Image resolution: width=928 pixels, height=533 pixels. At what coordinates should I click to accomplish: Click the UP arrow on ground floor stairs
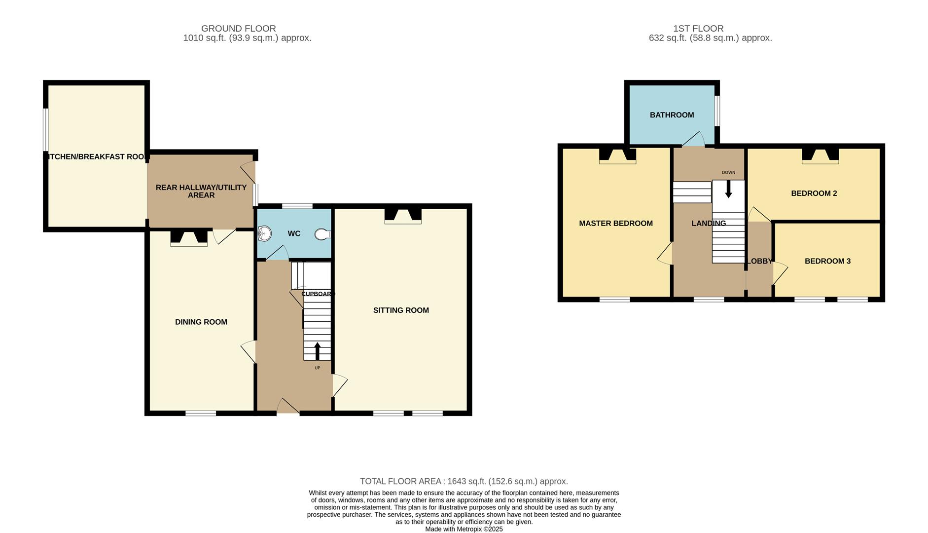(x=317, y=351)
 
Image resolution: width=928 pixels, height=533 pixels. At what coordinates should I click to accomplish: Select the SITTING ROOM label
(x=401, y=310)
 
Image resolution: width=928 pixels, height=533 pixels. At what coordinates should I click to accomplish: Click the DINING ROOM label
(x=201, y=322)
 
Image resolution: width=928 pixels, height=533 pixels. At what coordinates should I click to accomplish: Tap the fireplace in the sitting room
(x=403, y=216)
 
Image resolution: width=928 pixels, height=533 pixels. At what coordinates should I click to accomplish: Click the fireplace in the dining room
(x=189, y=238)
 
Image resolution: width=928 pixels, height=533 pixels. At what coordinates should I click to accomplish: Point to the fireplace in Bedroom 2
(x=820, y=155)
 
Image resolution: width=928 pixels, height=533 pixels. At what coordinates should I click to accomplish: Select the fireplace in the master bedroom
(x=617, y=155)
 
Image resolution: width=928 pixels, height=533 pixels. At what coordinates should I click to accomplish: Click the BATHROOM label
(x=672, y=115)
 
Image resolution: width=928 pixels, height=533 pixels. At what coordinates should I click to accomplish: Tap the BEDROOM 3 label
(x=827, y=261)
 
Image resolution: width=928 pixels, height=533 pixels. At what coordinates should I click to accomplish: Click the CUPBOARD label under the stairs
(x=318, y=294)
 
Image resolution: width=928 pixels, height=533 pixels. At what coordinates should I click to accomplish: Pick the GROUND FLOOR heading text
(x=239, y=29)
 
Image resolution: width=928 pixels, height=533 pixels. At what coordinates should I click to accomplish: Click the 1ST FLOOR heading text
(x=698, y=29)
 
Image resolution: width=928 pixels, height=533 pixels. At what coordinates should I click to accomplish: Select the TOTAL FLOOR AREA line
(x=464, y=481)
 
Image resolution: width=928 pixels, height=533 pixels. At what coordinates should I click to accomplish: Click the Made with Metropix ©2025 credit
(x=464, y=529)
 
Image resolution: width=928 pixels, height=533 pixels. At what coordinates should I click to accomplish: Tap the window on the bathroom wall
(x=717, y=111)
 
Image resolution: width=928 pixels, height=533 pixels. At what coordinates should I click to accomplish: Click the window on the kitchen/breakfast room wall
(x=46, y=129)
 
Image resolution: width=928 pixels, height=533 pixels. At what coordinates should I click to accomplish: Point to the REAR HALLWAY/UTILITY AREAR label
(x=201, y=191)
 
